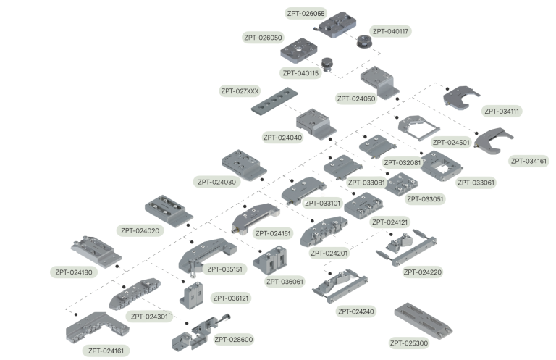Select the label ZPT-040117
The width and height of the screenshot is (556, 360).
click(x=390, y=31)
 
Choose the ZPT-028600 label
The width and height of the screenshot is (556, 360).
click(x=233, y=338)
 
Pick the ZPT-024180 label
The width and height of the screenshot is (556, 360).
click(x=74, y=272)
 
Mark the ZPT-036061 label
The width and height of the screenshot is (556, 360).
click(x=284, y=282)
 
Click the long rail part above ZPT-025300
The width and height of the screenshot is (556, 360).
click(x=424, y=319)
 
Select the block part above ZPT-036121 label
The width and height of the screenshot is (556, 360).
click(x=193, y=293)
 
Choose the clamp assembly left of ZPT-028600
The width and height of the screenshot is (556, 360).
click(x=190, y=334)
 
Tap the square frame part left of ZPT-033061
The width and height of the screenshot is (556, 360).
click(x=439, y=164)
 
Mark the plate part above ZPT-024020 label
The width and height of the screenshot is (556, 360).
click(x=167, y=210)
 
